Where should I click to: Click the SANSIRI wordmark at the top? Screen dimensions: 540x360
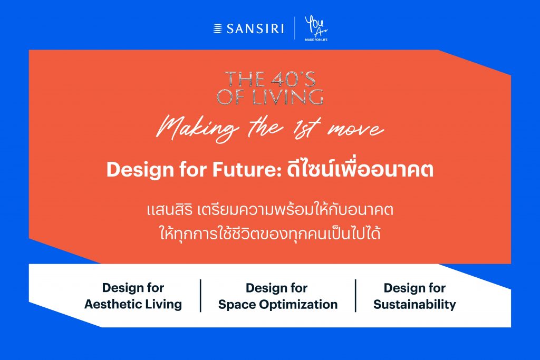tap(255, 28)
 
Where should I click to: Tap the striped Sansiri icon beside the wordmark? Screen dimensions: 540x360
tap(218, 28)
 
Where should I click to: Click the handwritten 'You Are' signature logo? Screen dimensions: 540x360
tap(315, 26)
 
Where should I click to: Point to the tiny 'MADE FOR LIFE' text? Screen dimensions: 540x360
tap(316, 40)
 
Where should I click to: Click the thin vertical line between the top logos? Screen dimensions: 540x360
tap(295, 28)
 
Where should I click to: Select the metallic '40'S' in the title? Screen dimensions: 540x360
tap(293, 79)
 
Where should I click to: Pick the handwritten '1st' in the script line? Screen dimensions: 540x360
tap(306, 128)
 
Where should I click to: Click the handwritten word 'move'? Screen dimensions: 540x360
tap(355, 130)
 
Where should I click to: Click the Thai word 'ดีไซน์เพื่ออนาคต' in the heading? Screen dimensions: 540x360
tap(360, 168)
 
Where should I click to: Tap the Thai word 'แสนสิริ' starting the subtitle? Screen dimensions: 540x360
tap(169, 209)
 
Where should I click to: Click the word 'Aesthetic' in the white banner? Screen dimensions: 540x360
tap(112, 304)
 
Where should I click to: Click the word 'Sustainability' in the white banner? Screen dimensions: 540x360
tap(414, 305)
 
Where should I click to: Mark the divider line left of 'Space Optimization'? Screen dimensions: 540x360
tap(200, 296)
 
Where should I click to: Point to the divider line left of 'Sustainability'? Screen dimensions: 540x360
tap(355, 296)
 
